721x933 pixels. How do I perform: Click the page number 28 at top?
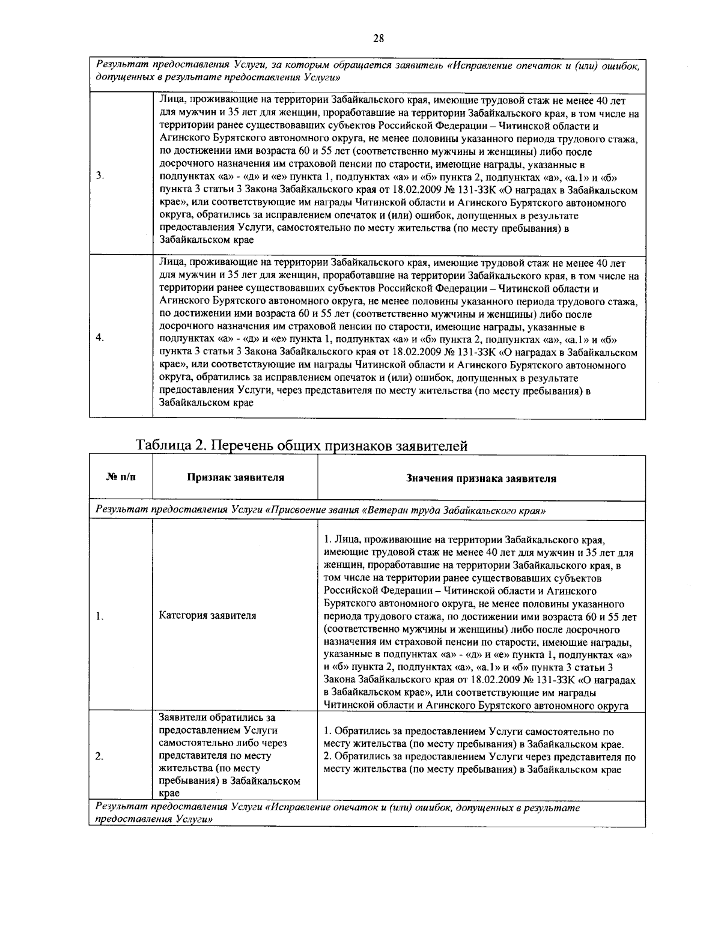point(379,39)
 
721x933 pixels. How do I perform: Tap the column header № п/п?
point(121,478)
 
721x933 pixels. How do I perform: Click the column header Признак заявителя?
point(235,478)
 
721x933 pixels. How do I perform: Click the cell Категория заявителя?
point(207,615)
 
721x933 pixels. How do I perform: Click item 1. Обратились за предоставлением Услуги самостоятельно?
point(468,732)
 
